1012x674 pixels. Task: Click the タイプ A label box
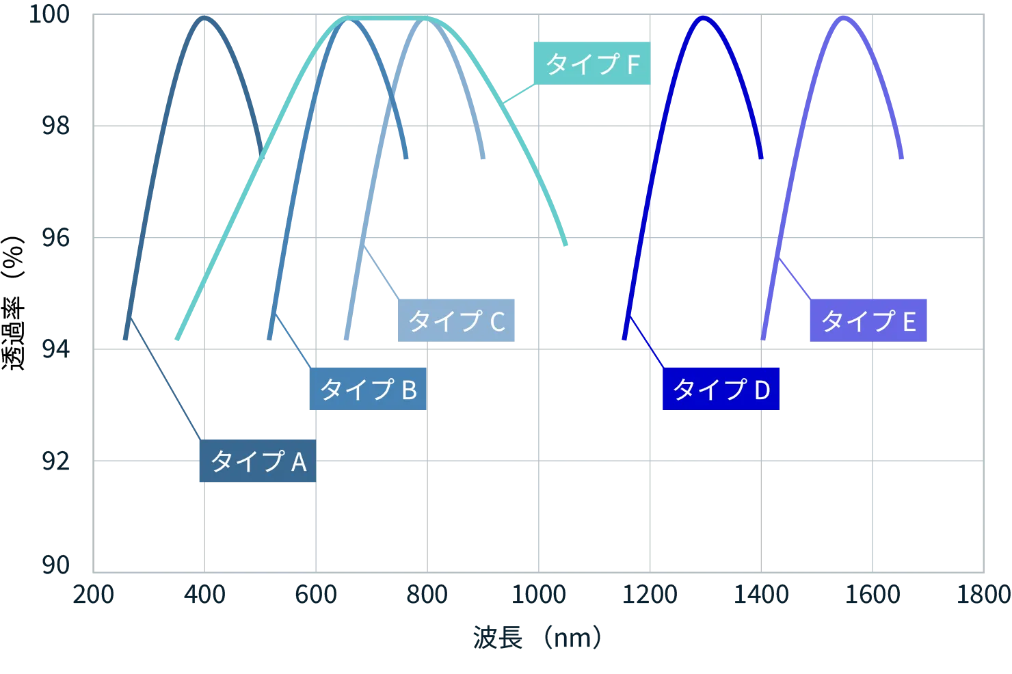256,462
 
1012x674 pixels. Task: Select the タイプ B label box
367,389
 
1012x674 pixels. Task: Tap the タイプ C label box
456,320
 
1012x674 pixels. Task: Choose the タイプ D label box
721,389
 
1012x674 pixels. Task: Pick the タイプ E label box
868,320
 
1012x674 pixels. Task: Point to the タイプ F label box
591,64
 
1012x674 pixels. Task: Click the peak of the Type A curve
203,18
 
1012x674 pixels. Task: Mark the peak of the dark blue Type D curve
702,18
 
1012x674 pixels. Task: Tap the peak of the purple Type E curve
844,18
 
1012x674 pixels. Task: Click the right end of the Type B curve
405,160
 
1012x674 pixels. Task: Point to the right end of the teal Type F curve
566,246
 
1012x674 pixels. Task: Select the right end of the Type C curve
482,160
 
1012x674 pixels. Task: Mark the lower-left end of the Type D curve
624,339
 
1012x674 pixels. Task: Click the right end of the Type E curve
903,159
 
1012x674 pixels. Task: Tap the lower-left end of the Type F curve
177,339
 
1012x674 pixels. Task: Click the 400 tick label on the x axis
204,594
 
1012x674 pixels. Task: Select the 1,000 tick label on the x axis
539,594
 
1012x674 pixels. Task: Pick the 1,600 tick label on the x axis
873,594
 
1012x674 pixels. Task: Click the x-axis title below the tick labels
535,637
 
